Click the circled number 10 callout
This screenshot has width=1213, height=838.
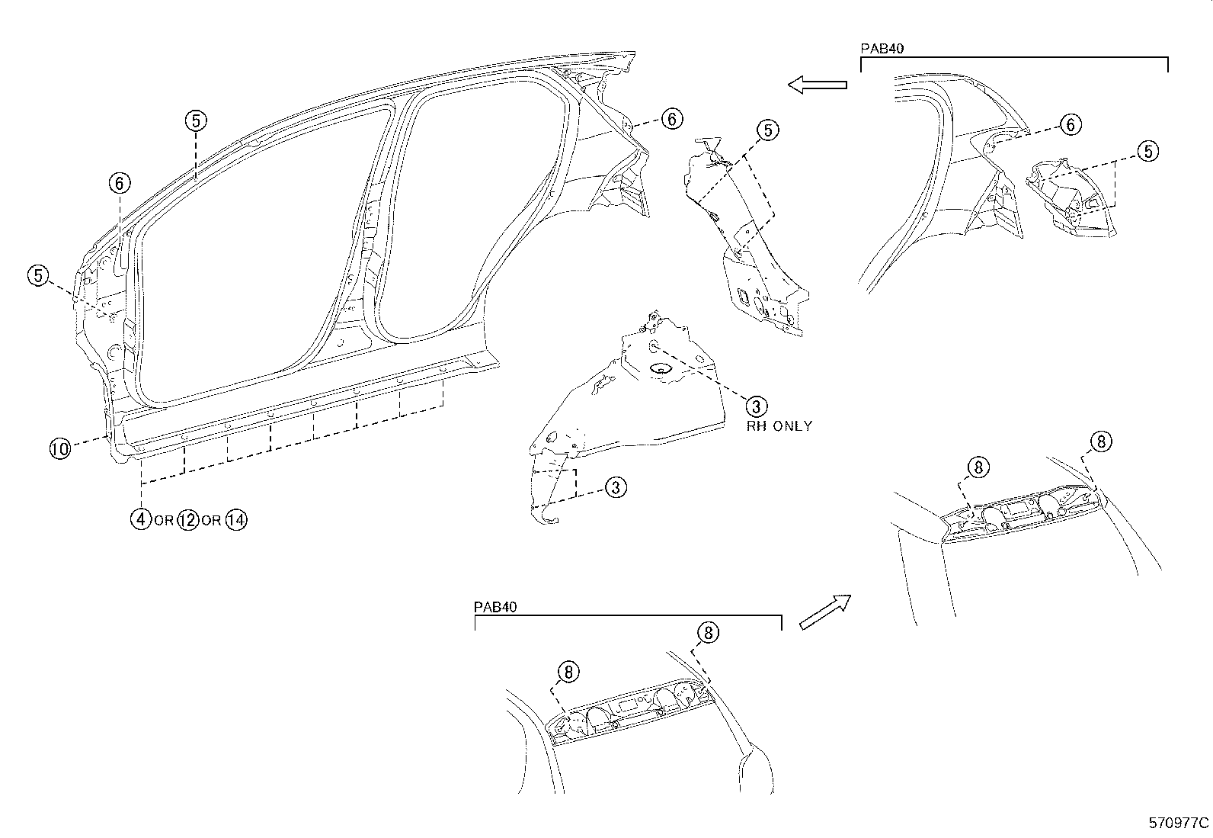59,449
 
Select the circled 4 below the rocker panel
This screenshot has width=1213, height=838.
140,520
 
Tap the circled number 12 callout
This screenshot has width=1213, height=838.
187,520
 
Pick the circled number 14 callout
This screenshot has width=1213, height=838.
236,520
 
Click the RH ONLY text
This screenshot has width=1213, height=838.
779,426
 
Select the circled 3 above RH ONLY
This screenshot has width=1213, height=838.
756,406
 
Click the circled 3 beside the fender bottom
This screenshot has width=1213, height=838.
616,487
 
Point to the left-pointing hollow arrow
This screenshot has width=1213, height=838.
817,85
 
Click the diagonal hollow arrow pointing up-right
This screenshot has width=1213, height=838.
824,612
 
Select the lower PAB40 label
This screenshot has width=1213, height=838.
495,607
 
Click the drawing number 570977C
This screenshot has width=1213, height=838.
1179,824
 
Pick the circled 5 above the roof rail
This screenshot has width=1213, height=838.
196,120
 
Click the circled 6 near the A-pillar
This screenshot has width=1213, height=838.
120,183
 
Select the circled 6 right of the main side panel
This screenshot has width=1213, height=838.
671,119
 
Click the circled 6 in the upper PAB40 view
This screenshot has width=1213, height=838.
1071,124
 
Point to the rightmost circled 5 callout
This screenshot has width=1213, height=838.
1147,151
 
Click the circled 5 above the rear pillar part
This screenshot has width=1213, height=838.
767,130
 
